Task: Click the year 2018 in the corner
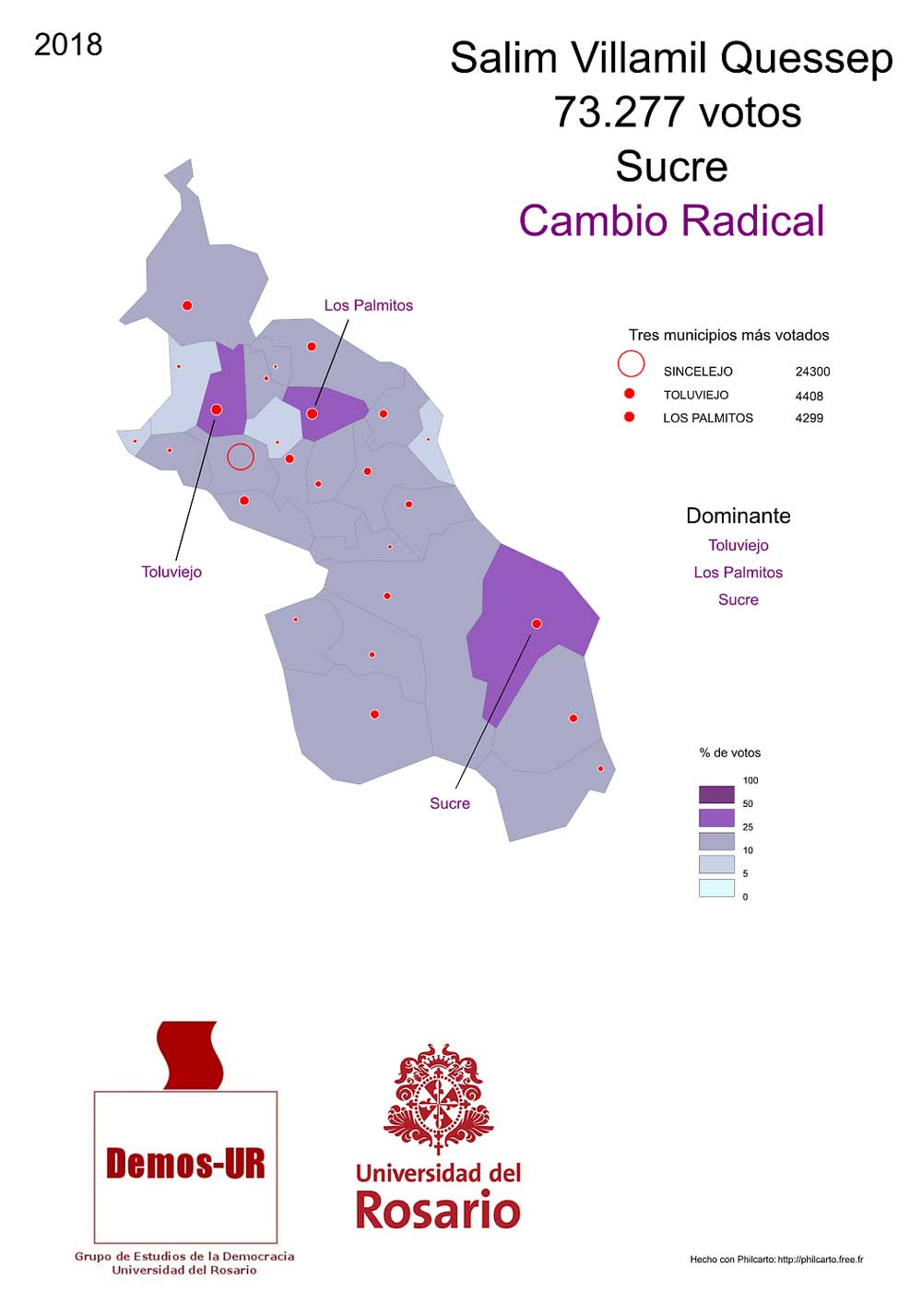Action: click(68, 44)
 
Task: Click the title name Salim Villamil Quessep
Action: click(671, 58)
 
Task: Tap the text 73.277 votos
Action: click(677, 113)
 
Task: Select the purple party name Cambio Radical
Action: click(671, 221)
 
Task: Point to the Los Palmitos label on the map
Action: click(368, 305)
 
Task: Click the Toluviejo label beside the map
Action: click(171, 572)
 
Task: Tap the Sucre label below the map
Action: click(450, 803)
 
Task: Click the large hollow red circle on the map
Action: click(241, 456)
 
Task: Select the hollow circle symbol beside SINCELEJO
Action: click(631, 364)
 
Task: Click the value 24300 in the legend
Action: click(812, 372)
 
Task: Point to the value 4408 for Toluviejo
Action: click(810, 396)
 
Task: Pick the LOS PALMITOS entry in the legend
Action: click(708, 418)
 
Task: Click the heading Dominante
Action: click(738, 516)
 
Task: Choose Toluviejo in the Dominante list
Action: click(738, 545)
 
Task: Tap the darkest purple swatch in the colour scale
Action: click(716, 794)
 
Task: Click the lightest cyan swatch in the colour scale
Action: click(716, 888)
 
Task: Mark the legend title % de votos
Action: click(729, 753)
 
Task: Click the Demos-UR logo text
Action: click(185, 1164)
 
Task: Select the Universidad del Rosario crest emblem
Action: click(438, 1097)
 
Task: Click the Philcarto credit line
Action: click(776, 1259)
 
